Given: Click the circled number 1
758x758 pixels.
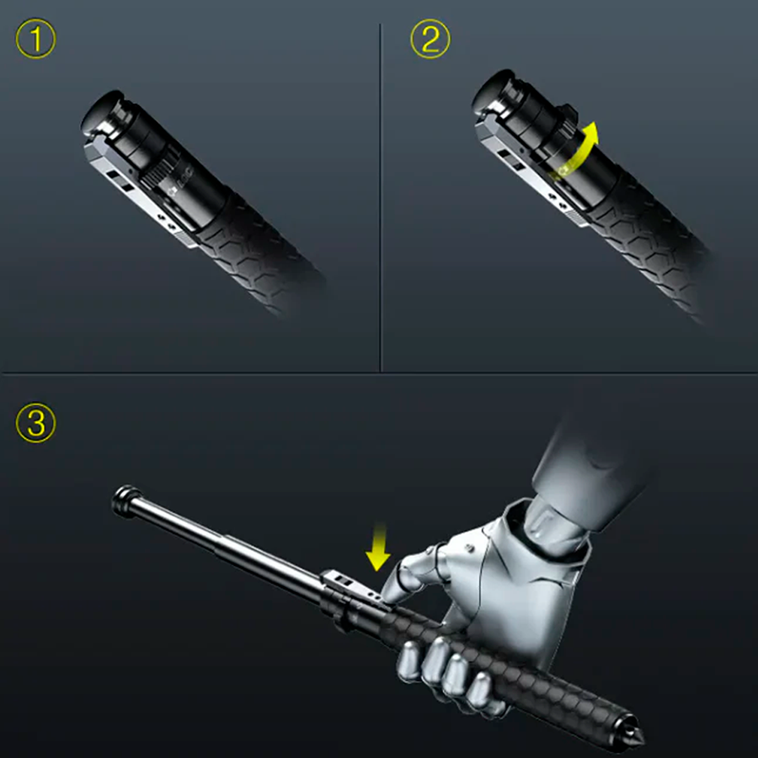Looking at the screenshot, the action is point(35,39).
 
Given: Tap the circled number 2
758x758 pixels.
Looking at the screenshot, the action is point(430,39).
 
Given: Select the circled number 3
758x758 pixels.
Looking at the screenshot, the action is point(35,423).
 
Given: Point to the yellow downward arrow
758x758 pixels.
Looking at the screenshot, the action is point(377,547).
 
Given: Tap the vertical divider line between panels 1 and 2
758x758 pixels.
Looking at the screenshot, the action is point(381,197).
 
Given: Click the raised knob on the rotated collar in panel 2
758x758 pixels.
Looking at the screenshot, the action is point(570,113).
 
